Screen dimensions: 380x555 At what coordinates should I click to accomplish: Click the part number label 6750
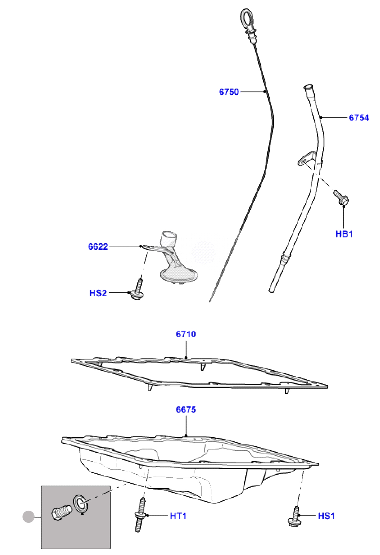[x=229, y=92]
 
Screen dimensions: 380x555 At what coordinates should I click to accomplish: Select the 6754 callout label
[x=359, y=118]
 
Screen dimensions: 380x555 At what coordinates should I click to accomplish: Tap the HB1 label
[x=344, y=234]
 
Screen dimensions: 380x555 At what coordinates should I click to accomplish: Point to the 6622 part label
[x=98, y=246]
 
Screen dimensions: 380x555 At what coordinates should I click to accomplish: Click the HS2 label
[x=98, y=293]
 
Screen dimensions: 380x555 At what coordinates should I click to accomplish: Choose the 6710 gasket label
[x=186, y=334]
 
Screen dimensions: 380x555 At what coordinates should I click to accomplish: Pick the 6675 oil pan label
[x=186, y=410]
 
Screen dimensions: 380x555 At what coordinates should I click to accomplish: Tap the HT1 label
[x=178, y=516]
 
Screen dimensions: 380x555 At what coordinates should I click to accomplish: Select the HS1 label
[x=326, y=516]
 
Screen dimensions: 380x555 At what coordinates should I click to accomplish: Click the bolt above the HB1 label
[x=341, y=197]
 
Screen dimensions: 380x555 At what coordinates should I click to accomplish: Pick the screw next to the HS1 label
[x=295, y=517]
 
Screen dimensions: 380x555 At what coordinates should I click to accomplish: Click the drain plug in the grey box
[x=62, y=512]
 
